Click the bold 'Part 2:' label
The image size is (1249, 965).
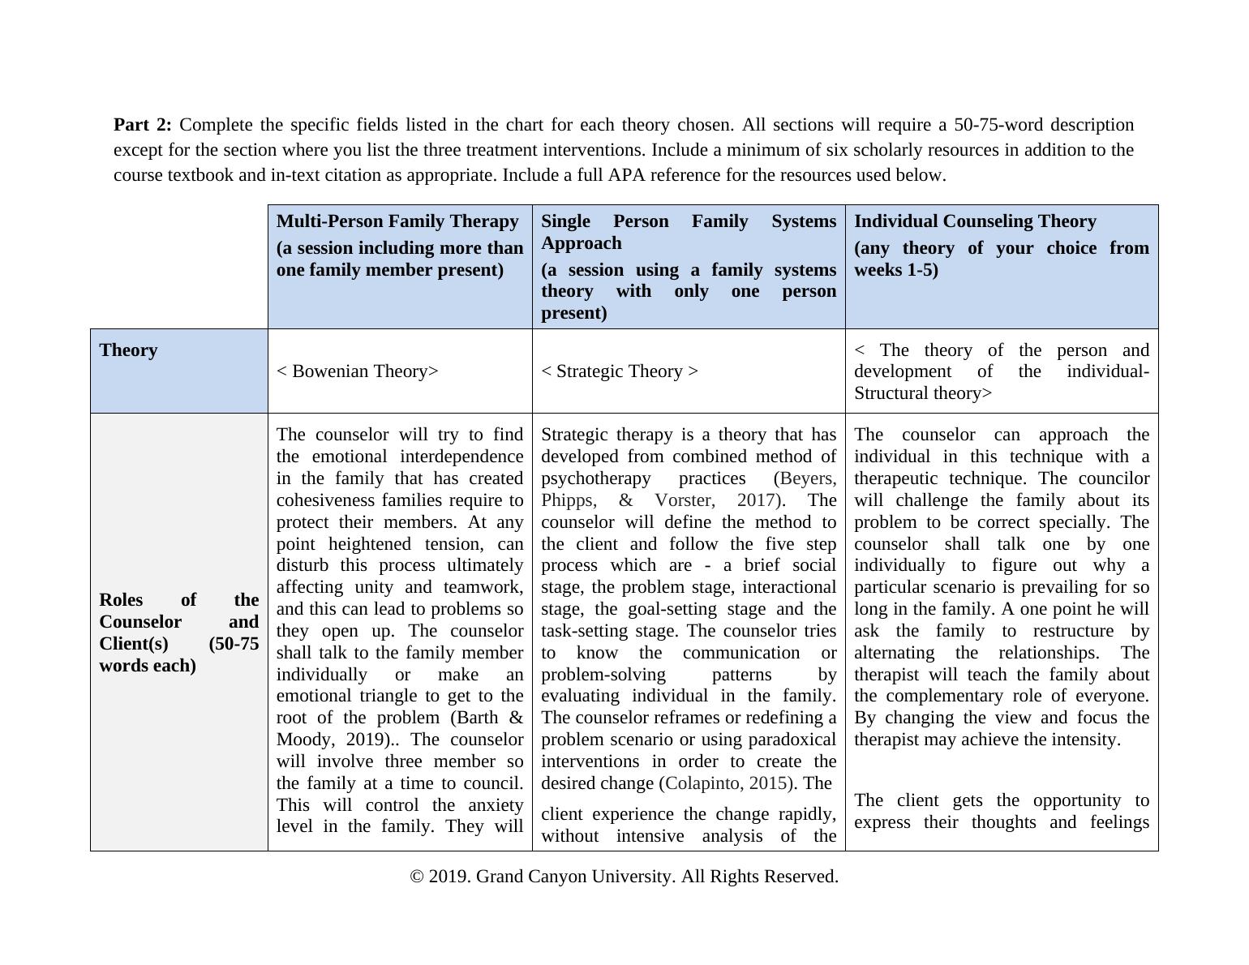pos(142,125)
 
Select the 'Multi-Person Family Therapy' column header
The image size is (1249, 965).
pos(397,221)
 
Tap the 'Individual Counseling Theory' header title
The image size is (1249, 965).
pos(974,221)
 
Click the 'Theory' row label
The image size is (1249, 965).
pos(128,350)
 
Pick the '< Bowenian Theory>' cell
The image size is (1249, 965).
pos(357,371)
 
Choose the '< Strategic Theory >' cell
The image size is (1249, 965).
pos(619,371)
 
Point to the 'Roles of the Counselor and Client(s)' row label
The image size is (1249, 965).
pos(178,633)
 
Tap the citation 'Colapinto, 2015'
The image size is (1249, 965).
pos(727,783)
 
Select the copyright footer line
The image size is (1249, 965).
pos(624,877)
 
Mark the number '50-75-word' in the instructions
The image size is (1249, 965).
pos(998,125)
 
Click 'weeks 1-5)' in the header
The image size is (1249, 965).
pos(895,270)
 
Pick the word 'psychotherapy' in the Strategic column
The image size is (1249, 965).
pos(595,478)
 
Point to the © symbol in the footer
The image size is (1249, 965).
pos(417,877)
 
